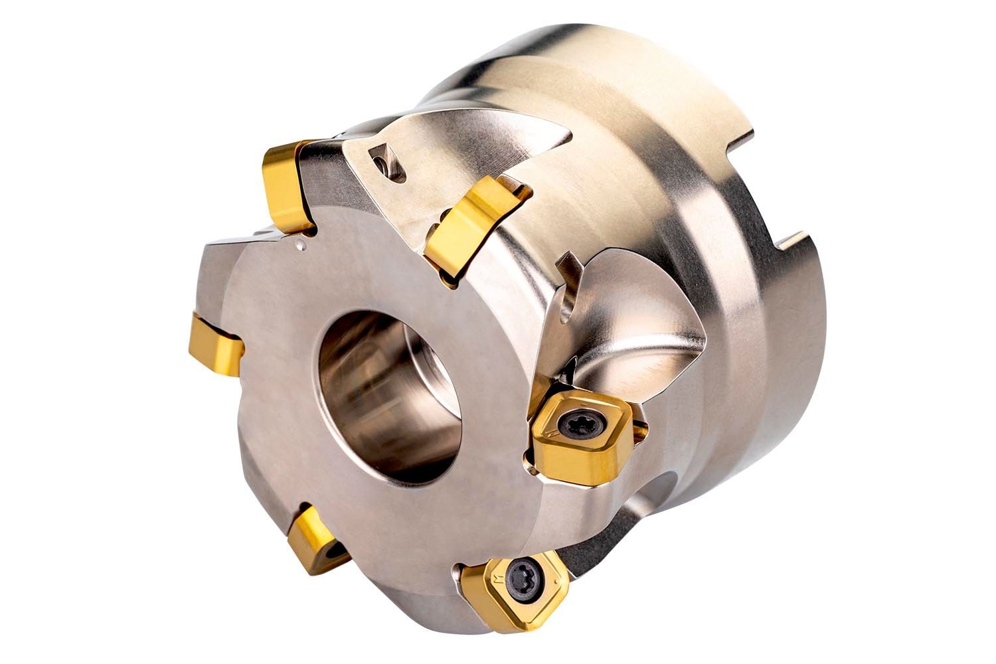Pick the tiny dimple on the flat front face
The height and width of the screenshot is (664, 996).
pos(302,247)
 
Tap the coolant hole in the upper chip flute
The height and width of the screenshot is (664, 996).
pos(384,163)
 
